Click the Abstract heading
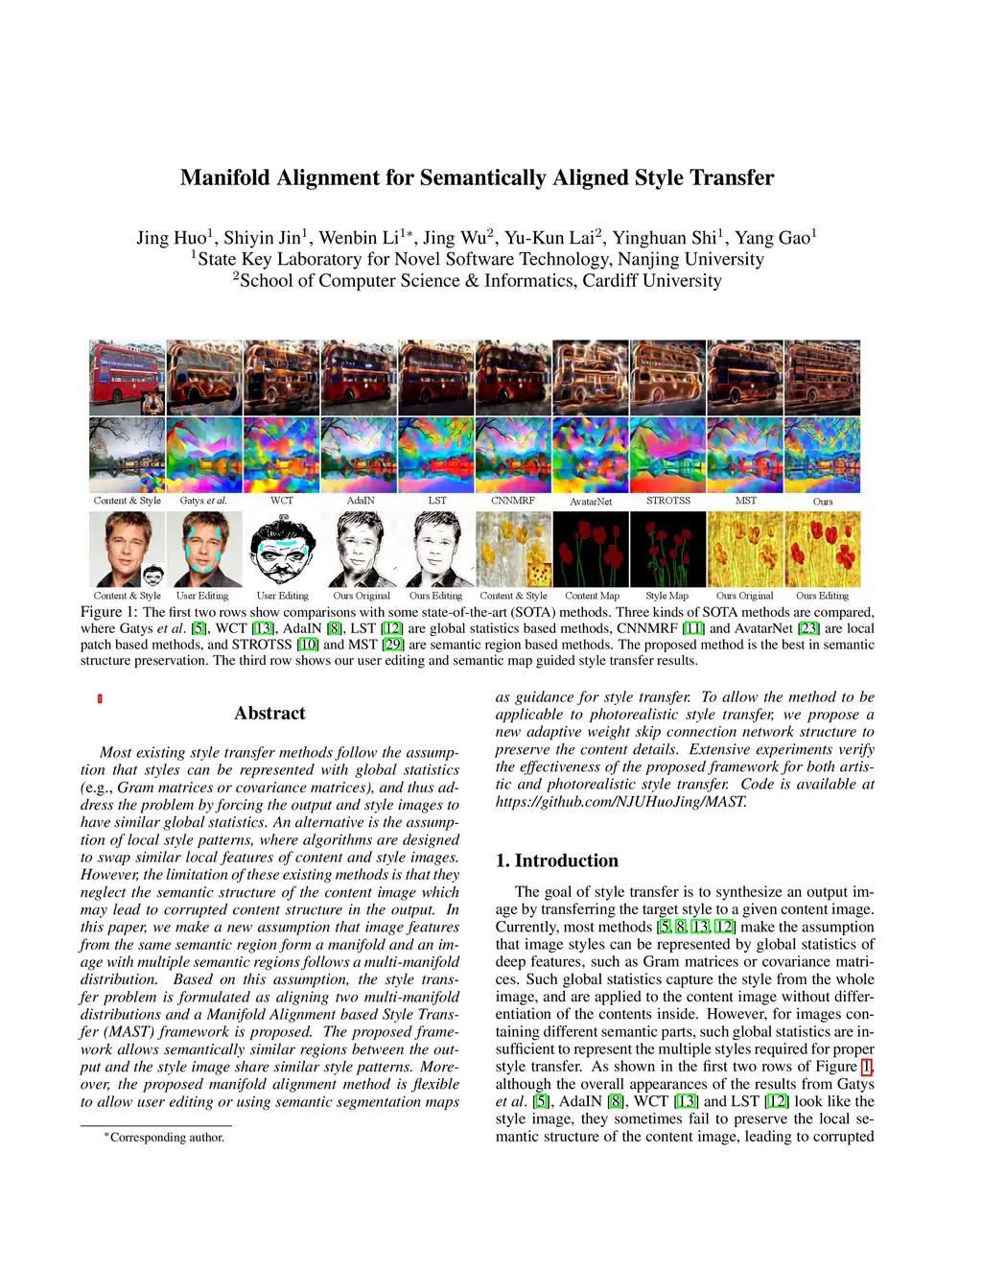(x=269, y=713)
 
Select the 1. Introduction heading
(x=557, y=860)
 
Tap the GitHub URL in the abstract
(x=620, y=801)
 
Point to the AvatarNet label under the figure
(x=591, y=502)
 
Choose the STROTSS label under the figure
(x=668, y=501)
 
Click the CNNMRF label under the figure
(x=513, y=501)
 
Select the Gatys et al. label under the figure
(x=203, y=501)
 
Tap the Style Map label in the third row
(x=666, y=596)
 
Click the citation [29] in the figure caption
(x=392, y=645)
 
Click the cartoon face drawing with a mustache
(x=282, y=549)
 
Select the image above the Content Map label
(x=591, y=549)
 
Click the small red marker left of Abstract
(x=100, y=699)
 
